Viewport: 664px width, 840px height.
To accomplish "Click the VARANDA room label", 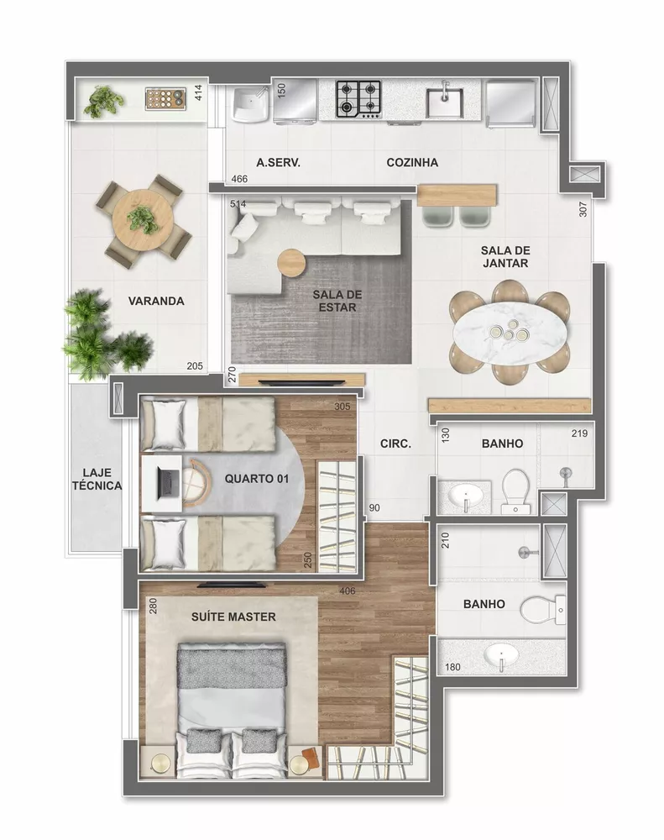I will tap(155, 301).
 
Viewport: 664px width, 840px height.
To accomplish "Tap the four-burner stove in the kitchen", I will tap(360, 99).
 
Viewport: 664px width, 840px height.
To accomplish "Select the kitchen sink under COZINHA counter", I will tap(444, 102).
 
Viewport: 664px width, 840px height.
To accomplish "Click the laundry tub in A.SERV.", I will tap(249, 104).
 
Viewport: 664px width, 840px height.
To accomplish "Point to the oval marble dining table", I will tap(510, 335).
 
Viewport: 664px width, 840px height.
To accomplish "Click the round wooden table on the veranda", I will tap(142, 221).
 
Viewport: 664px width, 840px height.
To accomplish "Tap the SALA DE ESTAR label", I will tap(337, 301).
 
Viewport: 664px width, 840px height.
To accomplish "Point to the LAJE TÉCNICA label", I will tap(97, 479).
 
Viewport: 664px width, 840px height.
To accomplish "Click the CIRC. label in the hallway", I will tap(395, 444).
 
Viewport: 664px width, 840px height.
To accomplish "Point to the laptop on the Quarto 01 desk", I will tap(167, 482).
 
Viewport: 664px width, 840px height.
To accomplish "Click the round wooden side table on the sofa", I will tap(293, 262).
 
